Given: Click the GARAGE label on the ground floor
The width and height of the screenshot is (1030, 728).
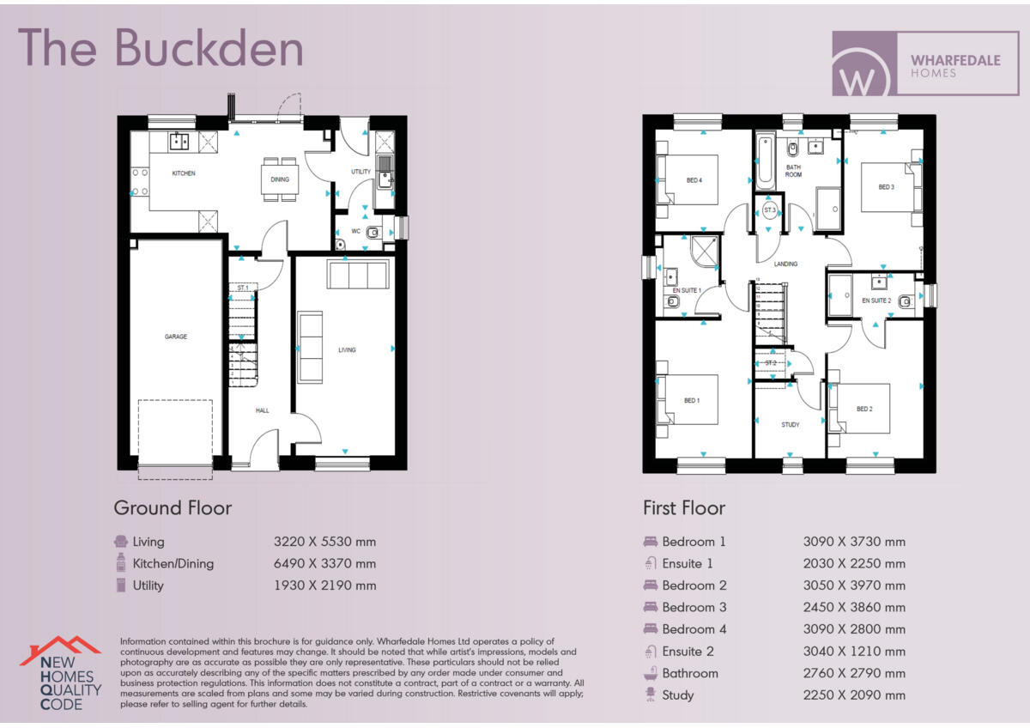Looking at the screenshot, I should point(176,337).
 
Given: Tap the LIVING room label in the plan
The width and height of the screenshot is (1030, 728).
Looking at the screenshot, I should point(347,349).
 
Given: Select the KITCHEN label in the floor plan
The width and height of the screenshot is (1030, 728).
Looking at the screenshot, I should point(184,173).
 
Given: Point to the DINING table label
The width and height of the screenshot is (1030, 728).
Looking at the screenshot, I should point(280,179).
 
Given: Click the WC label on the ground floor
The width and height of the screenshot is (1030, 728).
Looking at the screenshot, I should point(355,231).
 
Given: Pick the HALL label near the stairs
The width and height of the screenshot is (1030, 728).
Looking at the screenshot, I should point(263,410).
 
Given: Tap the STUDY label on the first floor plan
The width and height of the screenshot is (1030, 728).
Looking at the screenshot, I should point(791,425).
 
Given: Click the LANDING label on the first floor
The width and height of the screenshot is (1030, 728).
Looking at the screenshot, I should point(785,264).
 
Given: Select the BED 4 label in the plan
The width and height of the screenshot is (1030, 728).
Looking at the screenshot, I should point(694,180).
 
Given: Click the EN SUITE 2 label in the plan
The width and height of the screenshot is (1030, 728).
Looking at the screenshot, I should point(877,300).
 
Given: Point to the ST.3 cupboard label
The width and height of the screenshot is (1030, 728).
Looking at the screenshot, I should point(770,210).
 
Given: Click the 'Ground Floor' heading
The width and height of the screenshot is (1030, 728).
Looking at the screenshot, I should point(173,508).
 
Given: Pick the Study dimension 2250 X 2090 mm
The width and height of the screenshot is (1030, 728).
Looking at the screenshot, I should point(854,695).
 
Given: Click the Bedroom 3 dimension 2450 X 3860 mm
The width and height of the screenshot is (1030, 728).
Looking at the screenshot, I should point(854,608).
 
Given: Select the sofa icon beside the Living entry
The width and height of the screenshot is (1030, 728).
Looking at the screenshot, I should point(121,542).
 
